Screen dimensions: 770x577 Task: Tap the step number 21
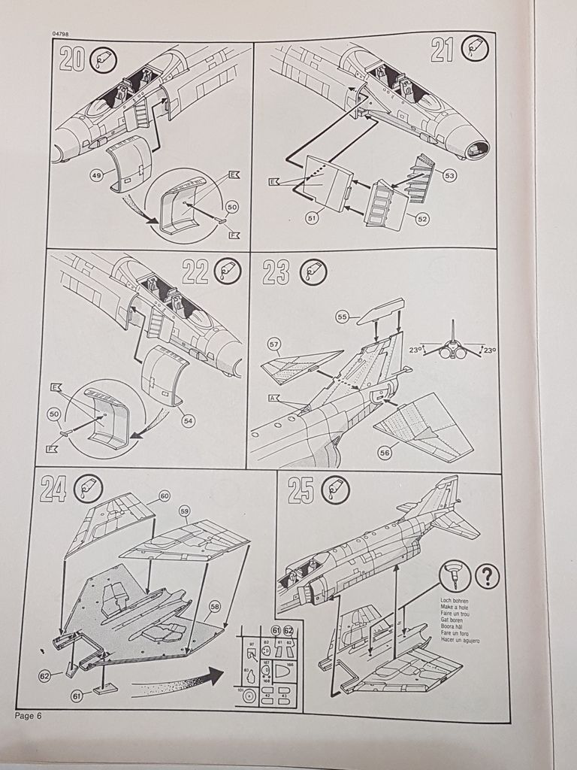click(444, 51)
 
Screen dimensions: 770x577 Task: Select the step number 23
click(275, 272)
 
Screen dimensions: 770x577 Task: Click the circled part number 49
click(97, 175)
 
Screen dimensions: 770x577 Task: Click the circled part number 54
click(188, 420)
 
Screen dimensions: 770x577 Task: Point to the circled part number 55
click(342, 318)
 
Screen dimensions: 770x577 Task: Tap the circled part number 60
click(164, 496)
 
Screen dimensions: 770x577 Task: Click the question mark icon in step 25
click(488, 577)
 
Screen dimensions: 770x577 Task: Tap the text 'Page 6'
click(28, 715)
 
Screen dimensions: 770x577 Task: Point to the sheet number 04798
click(62, 34)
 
